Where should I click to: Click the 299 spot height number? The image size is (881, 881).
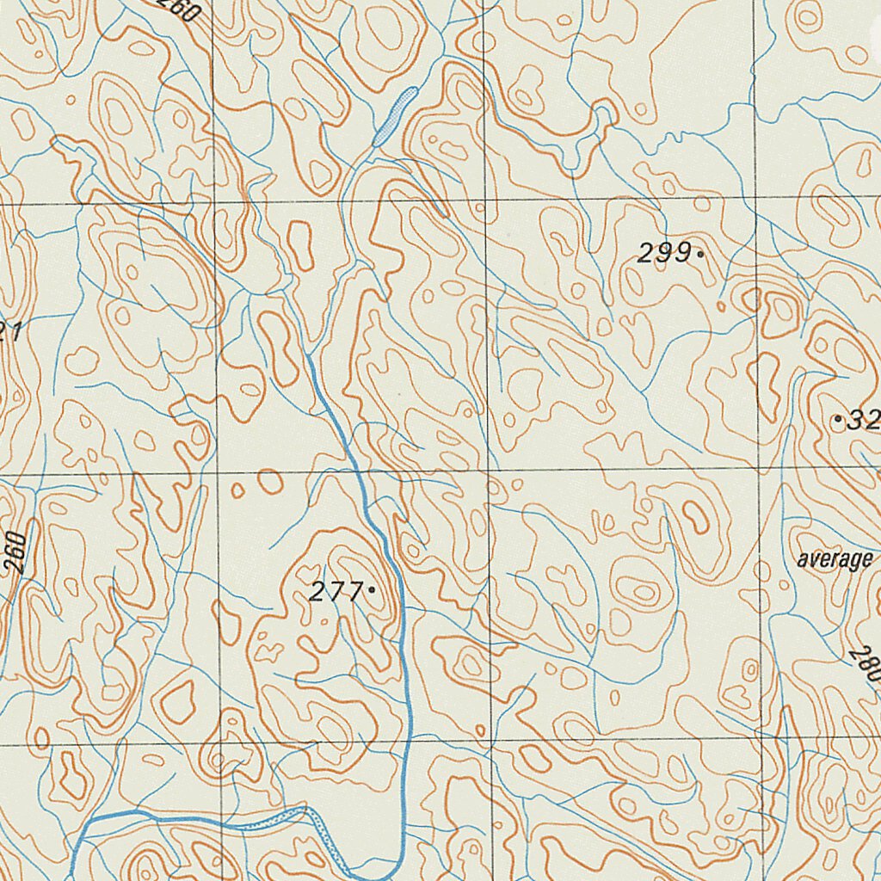tap(664, 253)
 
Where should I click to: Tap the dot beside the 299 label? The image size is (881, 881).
tap(701, 254)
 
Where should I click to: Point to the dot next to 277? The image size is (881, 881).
tap(371, 590)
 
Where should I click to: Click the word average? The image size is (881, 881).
tap(834, 560)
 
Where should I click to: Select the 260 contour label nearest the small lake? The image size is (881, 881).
tap(181, 9)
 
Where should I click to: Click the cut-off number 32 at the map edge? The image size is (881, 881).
tap(862, 421)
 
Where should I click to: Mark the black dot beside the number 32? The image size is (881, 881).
tap(839, 420)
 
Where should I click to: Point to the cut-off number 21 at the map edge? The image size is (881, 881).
tap(9, 331)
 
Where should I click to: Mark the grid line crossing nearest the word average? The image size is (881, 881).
tap(761, 469)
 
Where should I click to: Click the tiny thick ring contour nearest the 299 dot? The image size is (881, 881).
tap(750, 300)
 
